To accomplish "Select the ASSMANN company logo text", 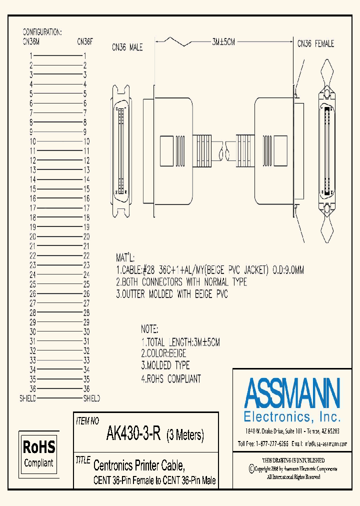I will coord(292,392).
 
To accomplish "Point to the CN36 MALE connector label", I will coord(127,47).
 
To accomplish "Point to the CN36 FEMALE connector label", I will coord(315,44).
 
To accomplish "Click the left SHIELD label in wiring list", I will coord(27,398).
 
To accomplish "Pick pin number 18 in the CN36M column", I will coord(32,217).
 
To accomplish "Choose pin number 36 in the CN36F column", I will coord(86,388).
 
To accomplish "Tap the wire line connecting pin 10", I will coord(59,141).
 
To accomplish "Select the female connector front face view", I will coord(327,150).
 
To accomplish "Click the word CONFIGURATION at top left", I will coord(42,32).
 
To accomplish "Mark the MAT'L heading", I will coord(125,258).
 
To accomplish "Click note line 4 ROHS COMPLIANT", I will coord(170,378).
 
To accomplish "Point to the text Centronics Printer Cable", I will coord(139,466).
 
